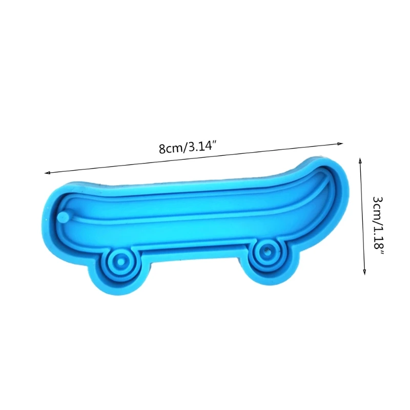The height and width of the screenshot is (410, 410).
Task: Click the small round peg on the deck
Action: [x=64, y=217]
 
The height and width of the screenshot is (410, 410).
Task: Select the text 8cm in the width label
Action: [x=169, y=149]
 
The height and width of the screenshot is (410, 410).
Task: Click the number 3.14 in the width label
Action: [x=199, y=148]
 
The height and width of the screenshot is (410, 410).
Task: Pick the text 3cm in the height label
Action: [x=378, y=203]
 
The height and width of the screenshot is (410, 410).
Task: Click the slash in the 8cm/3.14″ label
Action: [x=182, y=149]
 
